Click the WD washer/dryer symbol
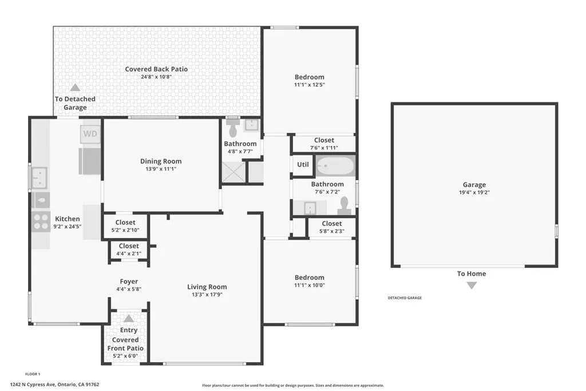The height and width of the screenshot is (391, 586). click(x=90, y=135)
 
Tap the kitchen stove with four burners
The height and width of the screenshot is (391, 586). click(x=41, y=221)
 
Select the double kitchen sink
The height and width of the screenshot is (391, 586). click(x=39, y=177)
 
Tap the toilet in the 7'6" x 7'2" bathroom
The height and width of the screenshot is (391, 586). click(x=345, y=204)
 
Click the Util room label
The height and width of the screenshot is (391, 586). click(x=303, y=164)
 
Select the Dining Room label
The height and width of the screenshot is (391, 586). click(x=161, y=161)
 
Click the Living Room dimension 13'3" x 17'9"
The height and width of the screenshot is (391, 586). click(x=207, y=295)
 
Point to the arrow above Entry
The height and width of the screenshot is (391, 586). click(x=129, y=318)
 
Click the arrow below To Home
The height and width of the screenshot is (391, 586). click(x=471, y=285)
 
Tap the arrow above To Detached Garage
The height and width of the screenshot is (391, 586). click(x=75, y=88)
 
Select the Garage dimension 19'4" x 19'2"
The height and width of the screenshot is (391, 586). click(x=474, y=192)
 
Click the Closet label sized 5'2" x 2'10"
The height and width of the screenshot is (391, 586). click(x=125, y=222)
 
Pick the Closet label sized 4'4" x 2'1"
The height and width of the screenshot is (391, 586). click(x=129, y=246)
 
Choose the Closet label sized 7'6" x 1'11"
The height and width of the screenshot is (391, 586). click(x=324, y=140)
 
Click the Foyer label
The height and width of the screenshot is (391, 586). click(x=129, y=281)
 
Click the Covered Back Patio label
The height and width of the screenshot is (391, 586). click(x=156, y=69)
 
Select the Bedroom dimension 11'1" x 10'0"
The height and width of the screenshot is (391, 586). click(x=309, y=285)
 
